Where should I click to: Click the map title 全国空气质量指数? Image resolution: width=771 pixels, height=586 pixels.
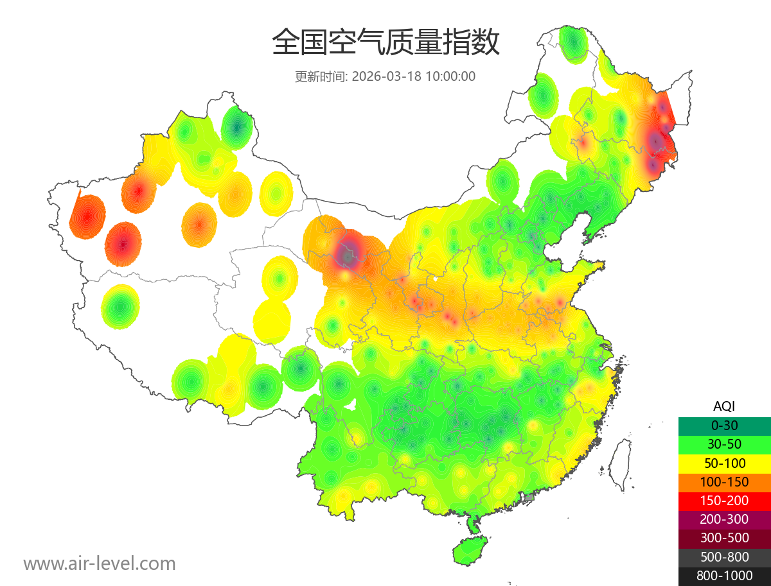point(385,43)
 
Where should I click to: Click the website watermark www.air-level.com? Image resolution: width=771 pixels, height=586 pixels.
point(100,564)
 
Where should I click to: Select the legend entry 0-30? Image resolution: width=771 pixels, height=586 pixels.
point(724,426)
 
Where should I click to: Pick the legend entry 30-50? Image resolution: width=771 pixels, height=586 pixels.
point(724,444)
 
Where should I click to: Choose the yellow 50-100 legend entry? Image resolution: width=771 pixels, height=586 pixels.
point(724,463)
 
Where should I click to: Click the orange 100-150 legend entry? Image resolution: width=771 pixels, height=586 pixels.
point(724,481)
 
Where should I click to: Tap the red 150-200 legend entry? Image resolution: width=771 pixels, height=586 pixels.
point(724,501)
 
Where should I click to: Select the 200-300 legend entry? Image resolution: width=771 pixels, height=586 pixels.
point(724,519)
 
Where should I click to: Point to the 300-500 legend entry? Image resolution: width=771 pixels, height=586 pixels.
point(724,538)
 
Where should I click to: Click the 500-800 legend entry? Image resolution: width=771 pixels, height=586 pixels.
point(724,557)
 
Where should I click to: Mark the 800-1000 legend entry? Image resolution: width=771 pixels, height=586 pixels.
point(724,576)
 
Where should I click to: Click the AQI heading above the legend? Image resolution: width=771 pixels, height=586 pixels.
point(724,406)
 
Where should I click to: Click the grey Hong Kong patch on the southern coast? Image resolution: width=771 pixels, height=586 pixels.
point(529,497)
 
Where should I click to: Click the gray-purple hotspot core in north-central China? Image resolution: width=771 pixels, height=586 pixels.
point(348,253)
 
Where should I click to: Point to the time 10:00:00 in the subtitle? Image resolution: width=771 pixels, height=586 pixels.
point(450,76)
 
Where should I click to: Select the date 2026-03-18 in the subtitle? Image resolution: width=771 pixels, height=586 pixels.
point(387,76)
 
